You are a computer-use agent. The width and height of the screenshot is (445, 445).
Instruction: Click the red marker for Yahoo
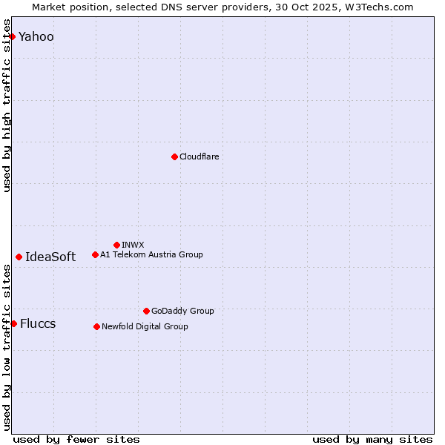[12, 36]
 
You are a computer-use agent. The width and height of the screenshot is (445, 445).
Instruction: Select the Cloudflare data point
[174, 156]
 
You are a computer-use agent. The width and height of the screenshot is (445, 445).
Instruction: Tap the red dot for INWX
[116, 245]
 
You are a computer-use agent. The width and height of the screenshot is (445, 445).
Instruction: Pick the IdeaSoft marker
[19, 257]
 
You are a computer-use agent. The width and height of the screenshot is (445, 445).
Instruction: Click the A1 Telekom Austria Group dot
[95, 254]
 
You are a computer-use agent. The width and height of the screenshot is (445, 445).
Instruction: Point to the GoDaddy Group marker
[146, 311]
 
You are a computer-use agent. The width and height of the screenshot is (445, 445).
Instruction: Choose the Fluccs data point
[13, 323]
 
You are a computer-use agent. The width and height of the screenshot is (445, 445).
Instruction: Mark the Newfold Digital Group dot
[96, 326]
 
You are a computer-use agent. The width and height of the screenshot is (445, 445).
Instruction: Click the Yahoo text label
[36, 36]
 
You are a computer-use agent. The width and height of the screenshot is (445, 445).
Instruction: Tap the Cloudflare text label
[199, 156]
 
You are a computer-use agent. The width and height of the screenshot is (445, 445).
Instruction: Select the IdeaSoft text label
[50, 257]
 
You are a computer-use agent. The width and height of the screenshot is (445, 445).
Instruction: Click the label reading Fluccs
[38, 323]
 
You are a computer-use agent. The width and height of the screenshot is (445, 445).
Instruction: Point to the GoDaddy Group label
[182, 311]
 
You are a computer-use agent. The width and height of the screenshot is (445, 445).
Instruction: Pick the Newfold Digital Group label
[145, 326]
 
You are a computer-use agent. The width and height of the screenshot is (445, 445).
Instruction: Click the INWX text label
[133, 245]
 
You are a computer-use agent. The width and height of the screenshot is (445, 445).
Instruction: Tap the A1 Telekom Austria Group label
[151, 254]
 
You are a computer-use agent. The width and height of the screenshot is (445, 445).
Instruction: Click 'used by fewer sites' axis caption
[76, 439]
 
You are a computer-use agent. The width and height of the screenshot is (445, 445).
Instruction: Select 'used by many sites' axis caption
[372, 439]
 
